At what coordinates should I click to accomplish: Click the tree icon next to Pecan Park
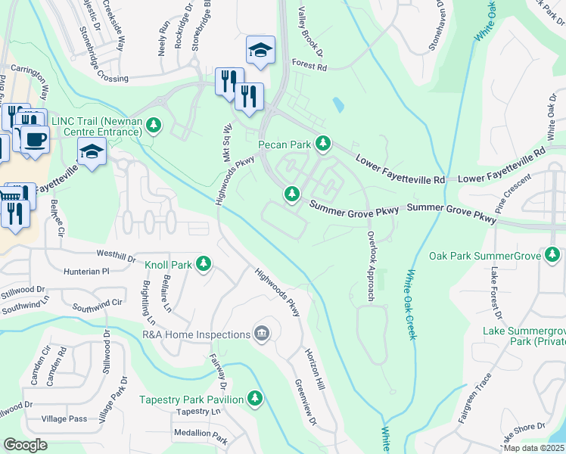pos(323,143)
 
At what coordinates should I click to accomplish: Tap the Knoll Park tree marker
pos(203,263)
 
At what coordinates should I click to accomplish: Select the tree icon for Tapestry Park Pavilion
pos(255,399)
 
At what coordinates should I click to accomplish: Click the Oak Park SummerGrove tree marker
pos(553,256)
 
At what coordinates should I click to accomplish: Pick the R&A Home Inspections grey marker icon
pos(262,334)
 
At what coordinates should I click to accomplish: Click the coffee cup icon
pos(34,139)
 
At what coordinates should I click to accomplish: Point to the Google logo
pos(26,445)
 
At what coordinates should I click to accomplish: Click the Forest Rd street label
pos(308,67)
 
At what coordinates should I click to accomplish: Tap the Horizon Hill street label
pos(314,369)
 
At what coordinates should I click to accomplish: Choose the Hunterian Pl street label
pos(86,270)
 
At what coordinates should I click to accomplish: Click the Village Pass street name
pos(64,418)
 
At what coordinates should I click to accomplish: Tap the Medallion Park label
pos(201,437)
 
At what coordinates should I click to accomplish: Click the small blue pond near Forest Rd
pos(337,104)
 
